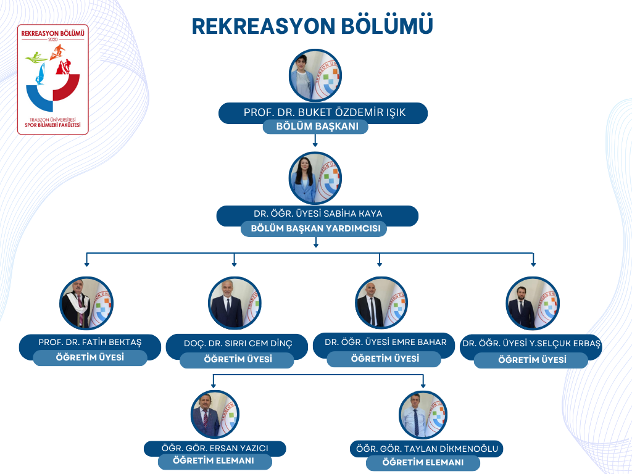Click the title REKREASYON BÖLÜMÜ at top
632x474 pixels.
click(x=312, y=26)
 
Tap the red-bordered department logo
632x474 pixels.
click(x=53, y=80)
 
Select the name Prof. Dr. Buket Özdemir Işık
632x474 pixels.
click(x=325, y=112)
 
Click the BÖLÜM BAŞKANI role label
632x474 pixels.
click(x=317, y=126)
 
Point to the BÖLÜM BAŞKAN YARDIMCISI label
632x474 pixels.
click(x=315, y=228)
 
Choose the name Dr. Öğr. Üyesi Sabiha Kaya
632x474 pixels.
click(x=318, y=214)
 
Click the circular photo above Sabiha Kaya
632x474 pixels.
click(x=315, y=178)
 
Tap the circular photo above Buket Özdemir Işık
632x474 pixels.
click(x=315, y=75)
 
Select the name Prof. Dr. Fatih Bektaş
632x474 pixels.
click(x=90, y=342)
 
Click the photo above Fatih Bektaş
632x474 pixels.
click(x=86, y=303)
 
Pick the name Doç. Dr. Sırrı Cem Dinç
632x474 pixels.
click(x=238, y=343)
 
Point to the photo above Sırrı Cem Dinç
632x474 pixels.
click(x=235, y=303)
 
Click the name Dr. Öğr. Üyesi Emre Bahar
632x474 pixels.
click(x=386, y=342)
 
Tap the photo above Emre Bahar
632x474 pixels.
click(x=381, y=303)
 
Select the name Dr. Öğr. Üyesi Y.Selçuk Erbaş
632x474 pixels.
click(x=531, y=343)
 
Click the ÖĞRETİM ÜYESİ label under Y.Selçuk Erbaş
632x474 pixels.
click(x=532, y=360)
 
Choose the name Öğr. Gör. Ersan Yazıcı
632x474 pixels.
click(x=215, y=448)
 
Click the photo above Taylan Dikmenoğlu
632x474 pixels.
click(x=423, y=415)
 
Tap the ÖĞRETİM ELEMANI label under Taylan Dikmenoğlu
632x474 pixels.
click(x=423, y=462)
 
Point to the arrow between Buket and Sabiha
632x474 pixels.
click(x=315, y=140)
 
